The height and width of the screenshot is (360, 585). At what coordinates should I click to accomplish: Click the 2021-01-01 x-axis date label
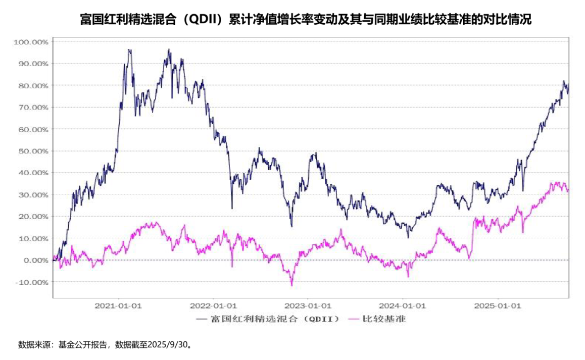(x=118, y=306)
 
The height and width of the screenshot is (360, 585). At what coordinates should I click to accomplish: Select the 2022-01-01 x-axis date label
(x=214, y=306)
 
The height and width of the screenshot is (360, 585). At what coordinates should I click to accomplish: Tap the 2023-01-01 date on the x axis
(x=308, y=306)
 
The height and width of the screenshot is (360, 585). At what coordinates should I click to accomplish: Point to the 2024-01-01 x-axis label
(x=403, y=306)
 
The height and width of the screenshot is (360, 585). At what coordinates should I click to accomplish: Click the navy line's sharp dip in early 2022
(x=232, y=208)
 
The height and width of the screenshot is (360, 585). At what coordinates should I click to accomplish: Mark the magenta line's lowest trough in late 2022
(x=291, y=285)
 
